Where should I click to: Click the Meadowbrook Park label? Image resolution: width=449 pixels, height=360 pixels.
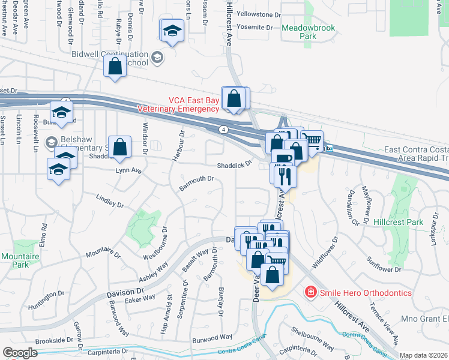(x=299, y=32)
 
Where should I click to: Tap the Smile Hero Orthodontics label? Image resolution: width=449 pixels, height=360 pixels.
(x=366, y=293)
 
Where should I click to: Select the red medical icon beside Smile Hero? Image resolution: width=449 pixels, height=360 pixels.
(x=311, y=292)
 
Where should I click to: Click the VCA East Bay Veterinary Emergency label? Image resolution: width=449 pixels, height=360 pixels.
(x=178, y=105)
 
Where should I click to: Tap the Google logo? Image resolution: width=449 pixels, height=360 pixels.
(x=20, y=353)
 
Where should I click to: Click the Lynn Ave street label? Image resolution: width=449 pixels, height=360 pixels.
(x=128, y=171)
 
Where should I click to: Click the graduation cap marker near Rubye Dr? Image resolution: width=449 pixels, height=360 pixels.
(x=172, y=31)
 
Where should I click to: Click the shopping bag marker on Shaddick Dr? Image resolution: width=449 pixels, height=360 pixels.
(x=120, y=147)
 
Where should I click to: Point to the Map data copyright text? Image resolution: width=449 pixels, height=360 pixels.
(x=424, y=355)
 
